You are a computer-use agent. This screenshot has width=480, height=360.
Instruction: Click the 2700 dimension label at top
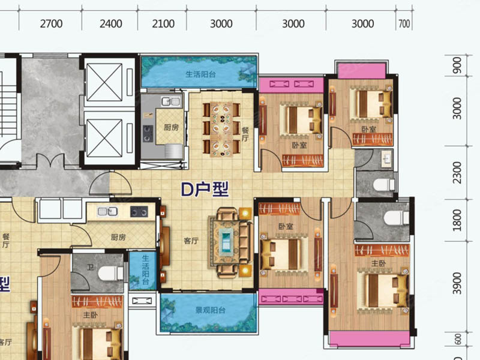pyautogui.click(x=51, y=23)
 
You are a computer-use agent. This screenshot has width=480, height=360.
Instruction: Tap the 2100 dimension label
pyautogui.click(x=163, y=23)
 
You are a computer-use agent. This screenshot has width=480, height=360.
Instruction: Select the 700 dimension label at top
pyautogui.click(x=404, y=23)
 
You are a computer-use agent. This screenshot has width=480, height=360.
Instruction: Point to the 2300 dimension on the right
pyautogui.click(x=457, y=173)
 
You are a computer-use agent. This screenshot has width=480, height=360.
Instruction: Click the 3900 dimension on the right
pyautogui.click(x=457, y=283)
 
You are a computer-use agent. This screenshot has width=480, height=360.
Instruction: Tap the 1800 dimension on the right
pyautogui.click(x=457, y=220)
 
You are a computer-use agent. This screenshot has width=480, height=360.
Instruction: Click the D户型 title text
pyautogui.click(x=205, y=190)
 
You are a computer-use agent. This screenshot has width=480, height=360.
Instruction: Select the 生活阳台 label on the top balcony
pyautogui.click(x=200, y=74)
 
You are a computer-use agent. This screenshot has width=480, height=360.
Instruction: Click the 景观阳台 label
pyautogui.click(x=211, y=310)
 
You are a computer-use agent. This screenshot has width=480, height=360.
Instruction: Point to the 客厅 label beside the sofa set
pyautogui.click(x=191, y=241)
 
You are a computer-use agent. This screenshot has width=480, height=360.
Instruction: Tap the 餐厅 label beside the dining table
pyautogui.click(x=245, y=134)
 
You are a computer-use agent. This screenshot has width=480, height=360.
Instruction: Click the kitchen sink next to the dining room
pyautogui.click(x=171, y=101)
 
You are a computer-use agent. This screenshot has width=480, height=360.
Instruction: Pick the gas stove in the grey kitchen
pyautogui.click(x=148, y=134)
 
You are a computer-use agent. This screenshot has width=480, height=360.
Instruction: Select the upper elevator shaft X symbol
pyautogui.click(x=104, y=82)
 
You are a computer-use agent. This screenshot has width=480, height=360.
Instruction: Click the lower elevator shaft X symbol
pyautogui.click(x=104, y=138)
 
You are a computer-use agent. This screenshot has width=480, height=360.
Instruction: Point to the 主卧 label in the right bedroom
pyautogui.click(x=379, y=263)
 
